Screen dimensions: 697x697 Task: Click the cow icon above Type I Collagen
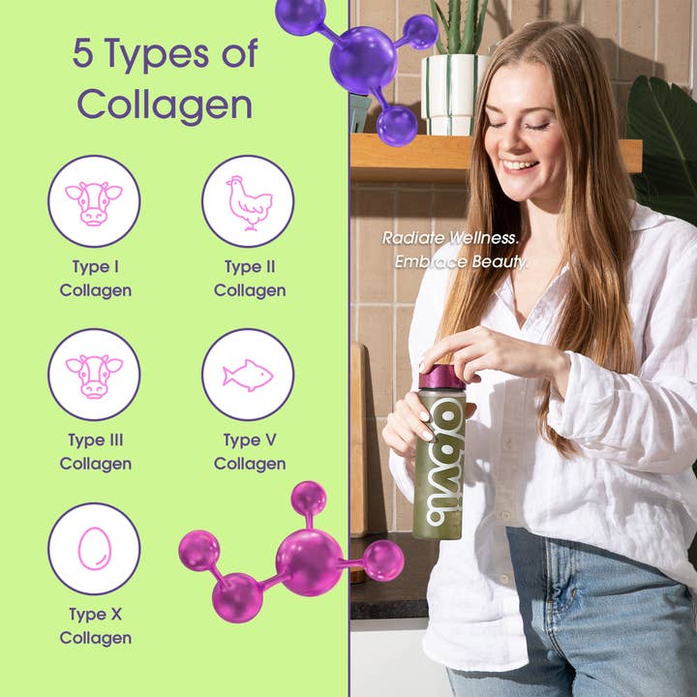(94, 200)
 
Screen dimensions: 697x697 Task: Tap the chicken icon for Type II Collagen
(248, 200)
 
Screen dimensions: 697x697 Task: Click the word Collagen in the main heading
(165, 103)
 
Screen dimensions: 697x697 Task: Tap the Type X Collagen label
(95, 625)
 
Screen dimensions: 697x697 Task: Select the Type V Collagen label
(250, 452)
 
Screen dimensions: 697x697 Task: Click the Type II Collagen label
(250, 278)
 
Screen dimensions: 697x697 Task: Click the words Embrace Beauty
(461, 261)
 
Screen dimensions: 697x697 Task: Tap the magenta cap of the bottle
(441, 377)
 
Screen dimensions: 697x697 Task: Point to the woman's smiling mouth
(521, 165)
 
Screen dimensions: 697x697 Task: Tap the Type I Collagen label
(95, 278)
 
